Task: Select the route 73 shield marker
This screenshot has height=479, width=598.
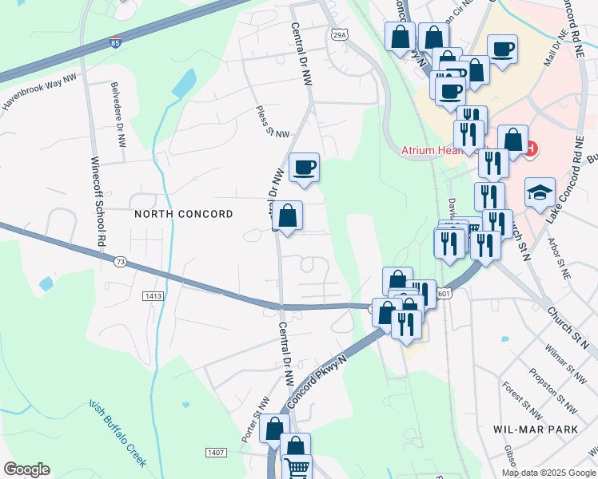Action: [x=120, y=261]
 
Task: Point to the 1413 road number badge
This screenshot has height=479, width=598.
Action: [x=154, y=296]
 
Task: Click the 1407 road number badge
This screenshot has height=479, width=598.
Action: [x=215, y=453]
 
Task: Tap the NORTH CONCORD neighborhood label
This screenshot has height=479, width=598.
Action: [x=183, y=214]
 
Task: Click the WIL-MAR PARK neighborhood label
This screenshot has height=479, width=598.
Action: [x=535, y=429]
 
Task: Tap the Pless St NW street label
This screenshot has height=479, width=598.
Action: [x=272, y=122]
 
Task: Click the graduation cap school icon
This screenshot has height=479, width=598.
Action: [x=540, y=192]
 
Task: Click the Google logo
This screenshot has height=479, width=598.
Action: [x=26, y=469]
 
